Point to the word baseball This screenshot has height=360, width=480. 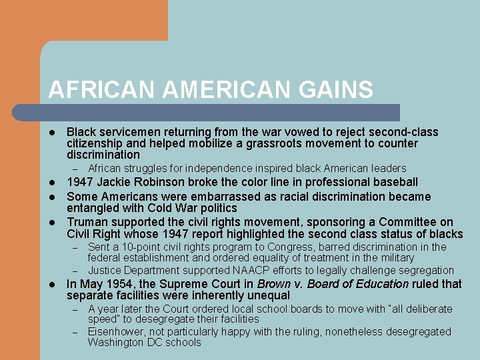393,182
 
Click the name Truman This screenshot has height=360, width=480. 88,222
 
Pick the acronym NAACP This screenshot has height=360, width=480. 250,270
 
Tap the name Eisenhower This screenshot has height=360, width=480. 119,331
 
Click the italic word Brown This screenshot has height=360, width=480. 273,284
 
